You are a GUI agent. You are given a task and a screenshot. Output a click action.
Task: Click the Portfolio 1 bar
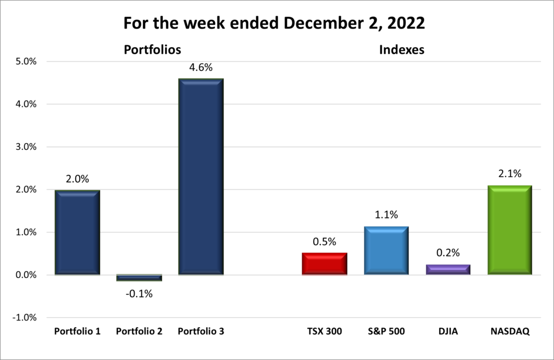[77, 232]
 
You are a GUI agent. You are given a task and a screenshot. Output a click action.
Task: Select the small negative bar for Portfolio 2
[139, 278]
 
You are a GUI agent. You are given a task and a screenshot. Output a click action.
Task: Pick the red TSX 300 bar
[324, 264]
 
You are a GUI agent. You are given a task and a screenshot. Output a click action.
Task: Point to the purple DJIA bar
[447, 270]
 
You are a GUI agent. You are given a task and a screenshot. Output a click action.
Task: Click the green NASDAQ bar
[509, 230]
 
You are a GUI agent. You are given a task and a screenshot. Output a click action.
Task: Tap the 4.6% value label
[201, 68]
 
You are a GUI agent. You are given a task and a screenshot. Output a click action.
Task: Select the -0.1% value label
[139, 294]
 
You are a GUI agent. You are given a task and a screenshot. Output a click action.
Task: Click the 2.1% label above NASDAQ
[509, 174]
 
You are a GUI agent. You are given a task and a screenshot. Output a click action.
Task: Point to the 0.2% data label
[447, 252]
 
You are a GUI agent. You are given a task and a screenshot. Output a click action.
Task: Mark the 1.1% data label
[386, 215]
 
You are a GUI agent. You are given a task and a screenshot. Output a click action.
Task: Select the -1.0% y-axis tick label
[24, 318]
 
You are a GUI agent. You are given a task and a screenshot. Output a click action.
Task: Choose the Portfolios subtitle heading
[152, 50]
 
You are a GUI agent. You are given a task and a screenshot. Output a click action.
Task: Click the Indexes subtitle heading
[401, 50]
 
